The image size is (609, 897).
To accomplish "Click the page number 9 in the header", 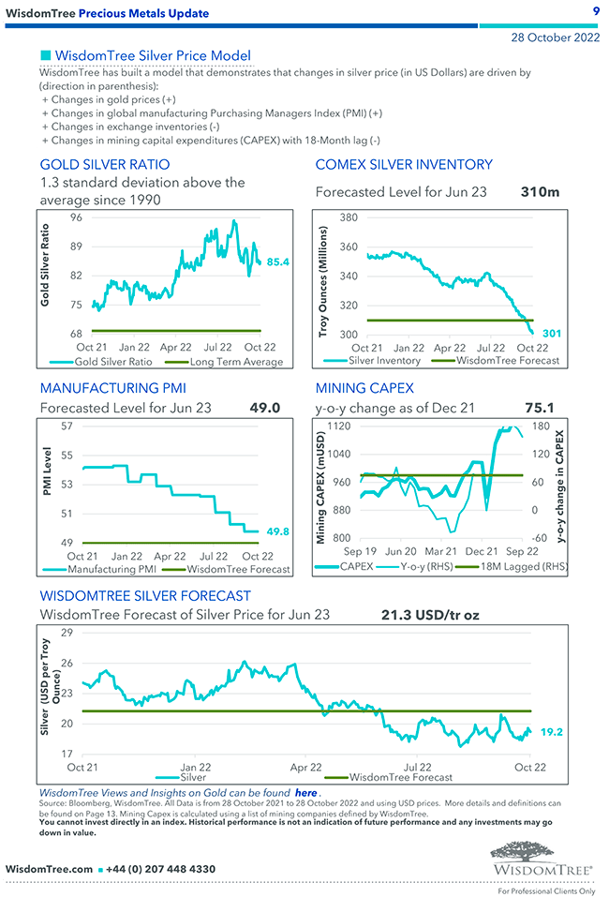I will pyautogui.click(x=596, y=10).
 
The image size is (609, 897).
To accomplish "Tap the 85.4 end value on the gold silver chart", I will pyautogui.click(x=278, y=262).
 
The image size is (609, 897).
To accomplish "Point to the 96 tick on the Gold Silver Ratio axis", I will pyautogui.click(x=76, y=217).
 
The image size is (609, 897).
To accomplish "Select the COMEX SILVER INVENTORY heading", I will pyautogui.click(x=404, y=165).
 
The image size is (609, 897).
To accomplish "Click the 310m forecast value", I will pyautogui.click(x=540, y=192).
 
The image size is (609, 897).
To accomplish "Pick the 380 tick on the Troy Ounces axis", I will pyautogui.click(x=349, y=217).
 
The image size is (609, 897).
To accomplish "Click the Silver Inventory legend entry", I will pyautogui.click(x=384, y=360).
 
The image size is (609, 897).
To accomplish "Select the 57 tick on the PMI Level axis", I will pyautogui.click(x=67, y=427).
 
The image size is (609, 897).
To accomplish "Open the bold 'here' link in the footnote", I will pyautogui.click(x=305, y=792).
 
